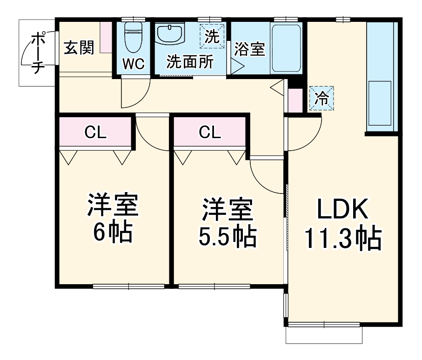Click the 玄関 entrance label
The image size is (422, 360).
(79, 48)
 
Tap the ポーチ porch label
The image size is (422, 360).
(37, 52)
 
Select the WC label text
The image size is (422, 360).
(134, 63)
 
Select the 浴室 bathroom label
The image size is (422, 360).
(249, 49)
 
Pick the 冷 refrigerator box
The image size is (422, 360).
(322, 98)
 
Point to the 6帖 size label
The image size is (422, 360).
(113, 234)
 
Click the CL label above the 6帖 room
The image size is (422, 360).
(96, 133)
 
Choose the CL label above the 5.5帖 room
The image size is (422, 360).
(210, 133)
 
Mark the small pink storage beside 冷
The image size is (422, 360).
(295, 100)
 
